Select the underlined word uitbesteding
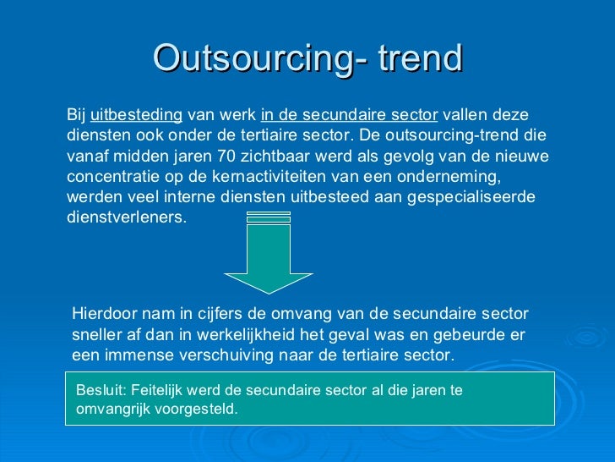coord(136,115)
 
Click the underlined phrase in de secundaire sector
coord(350,115)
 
